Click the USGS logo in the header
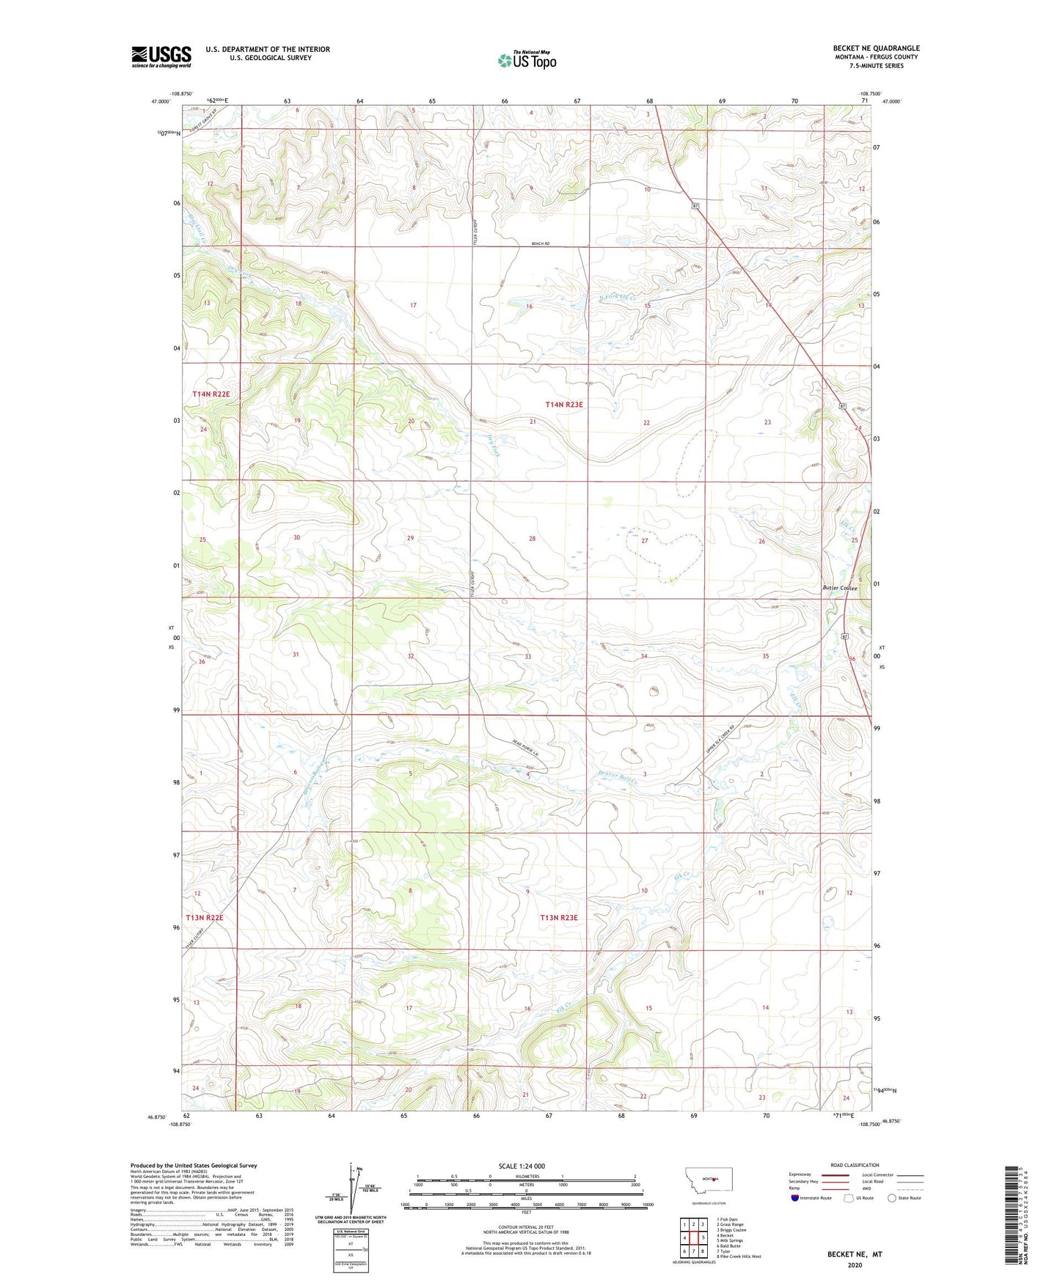click(x=161, y=56)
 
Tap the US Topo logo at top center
click(x=527, y=60)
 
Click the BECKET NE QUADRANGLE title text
click(x=876, y=48)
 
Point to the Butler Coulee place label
click(x=839, y=588)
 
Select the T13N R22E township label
click(x=204, y=917)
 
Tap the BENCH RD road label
click(x=538, y=243)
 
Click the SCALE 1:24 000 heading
click(x=522, y=1165)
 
